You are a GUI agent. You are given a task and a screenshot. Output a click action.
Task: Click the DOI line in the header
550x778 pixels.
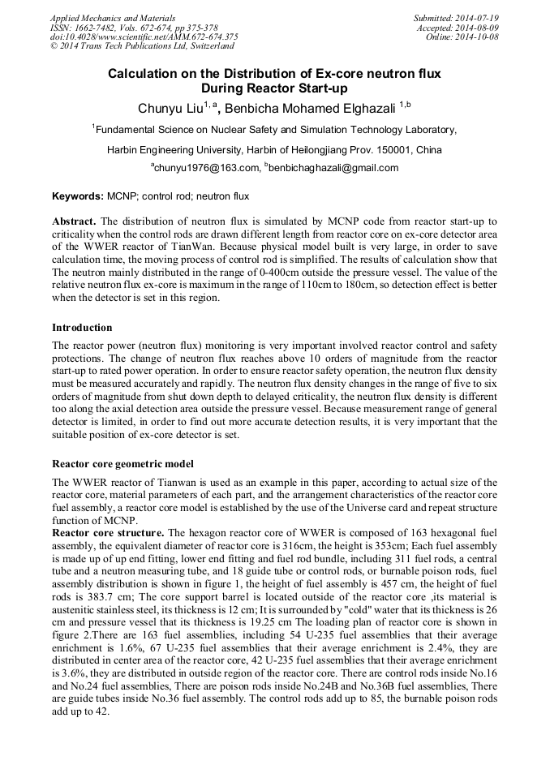[x=144, y=37]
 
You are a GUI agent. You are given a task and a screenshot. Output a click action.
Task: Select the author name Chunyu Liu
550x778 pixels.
[x=170, y=107]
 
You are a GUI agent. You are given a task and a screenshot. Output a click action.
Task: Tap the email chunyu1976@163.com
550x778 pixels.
[x=206, y=168]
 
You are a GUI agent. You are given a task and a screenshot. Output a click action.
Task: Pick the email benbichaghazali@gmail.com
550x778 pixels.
[x=333, y=168]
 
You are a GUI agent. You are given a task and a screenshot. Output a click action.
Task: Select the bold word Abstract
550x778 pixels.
[x=74, y=221]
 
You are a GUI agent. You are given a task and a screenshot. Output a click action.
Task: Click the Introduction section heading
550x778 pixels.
[x=82, y=328]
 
